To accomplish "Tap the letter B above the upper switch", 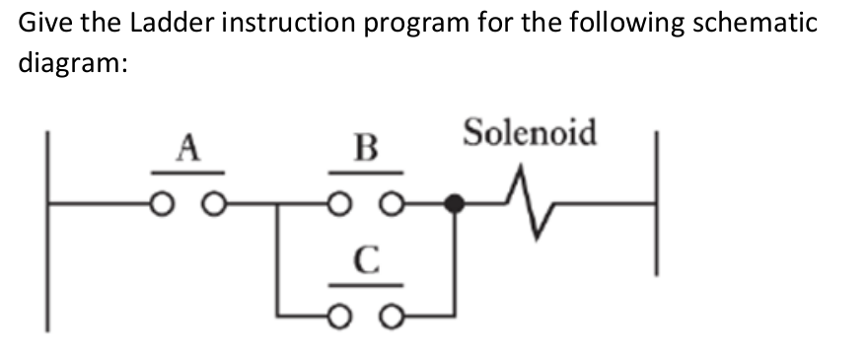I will [366, 151].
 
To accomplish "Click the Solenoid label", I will [531, 131].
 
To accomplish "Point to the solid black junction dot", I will [454, 204].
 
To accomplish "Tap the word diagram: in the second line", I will [70, 61].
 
